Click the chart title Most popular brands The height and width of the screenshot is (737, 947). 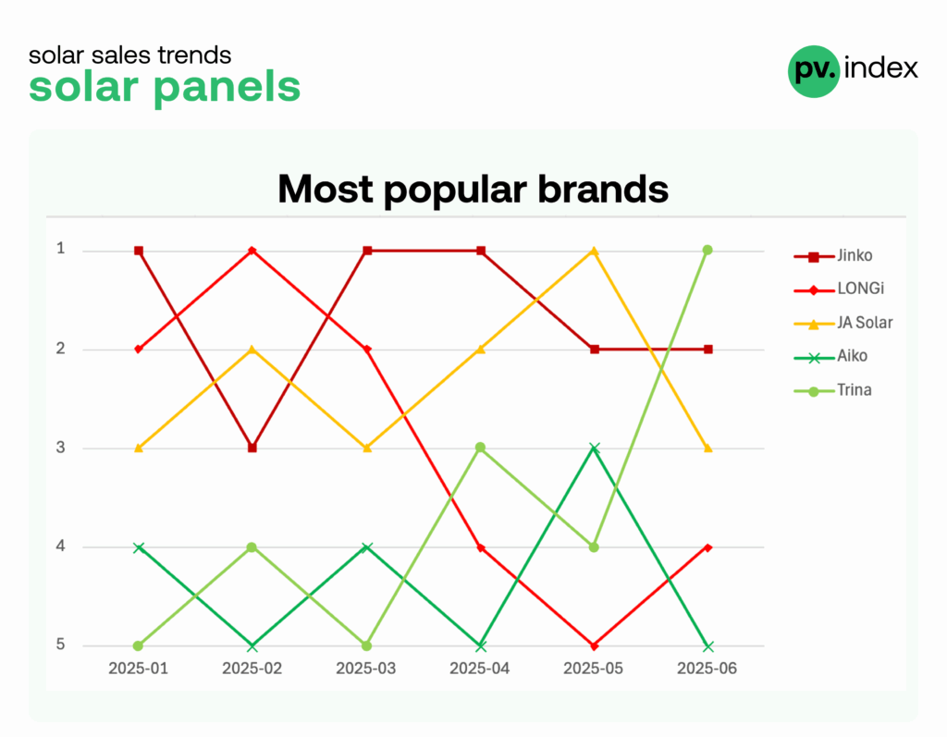(473, 189)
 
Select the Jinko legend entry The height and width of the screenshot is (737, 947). (833, 255)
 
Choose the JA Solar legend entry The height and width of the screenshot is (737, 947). (843, 323)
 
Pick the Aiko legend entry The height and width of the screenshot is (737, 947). (831, 356)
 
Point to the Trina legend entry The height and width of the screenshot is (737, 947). (833, 390)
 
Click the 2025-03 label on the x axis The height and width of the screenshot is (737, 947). (366, 669)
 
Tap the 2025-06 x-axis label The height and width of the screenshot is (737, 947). (707, 669)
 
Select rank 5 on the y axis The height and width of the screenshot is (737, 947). (60, 645)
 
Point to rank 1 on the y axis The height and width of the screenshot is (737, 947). (60, 248)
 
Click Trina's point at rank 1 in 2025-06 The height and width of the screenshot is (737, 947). (707, 250)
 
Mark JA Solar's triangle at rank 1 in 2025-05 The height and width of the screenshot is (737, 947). (595, 251)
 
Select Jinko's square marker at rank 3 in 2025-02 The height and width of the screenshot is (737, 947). (252, 448)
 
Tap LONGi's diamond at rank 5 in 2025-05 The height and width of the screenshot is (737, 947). (595, 646)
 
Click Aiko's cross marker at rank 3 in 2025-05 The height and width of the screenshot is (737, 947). (595, 448)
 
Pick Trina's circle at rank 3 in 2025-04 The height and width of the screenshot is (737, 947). (480, 448)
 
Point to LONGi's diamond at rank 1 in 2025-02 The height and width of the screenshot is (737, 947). (252, 251)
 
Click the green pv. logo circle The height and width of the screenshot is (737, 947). (814, 71)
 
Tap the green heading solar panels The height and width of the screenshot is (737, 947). (165, 86)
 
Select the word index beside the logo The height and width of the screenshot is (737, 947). (881, 68)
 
